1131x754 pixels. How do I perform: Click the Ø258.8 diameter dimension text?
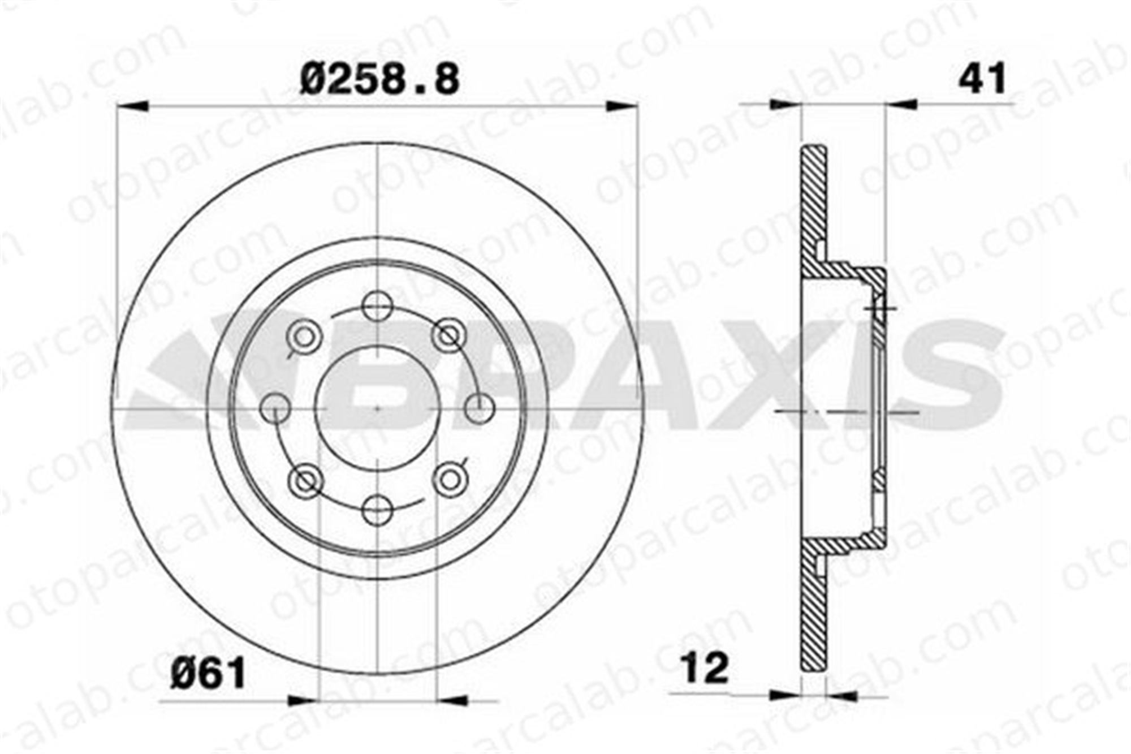(x=379, y=80)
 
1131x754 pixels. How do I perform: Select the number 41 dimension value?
(x=982, y=78)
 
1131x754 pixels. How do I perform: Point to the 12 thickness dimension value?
(x=706, y=668)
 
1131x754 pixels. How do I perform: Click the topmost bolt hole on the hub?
(x=377, y=306)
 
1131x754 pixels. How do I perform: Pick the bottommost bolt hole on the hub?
(x=377, y=510)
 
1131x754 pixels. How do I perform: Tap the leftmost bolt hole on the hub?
(x=275, y=408)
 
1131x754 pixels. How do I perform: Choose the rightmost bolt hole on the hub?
(x=479, y=408)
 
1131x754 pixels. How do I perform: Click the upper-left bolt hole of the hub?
(x=305, y=337)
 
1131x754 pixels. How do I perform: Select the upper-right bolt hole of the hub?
(x=450, y=335)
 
